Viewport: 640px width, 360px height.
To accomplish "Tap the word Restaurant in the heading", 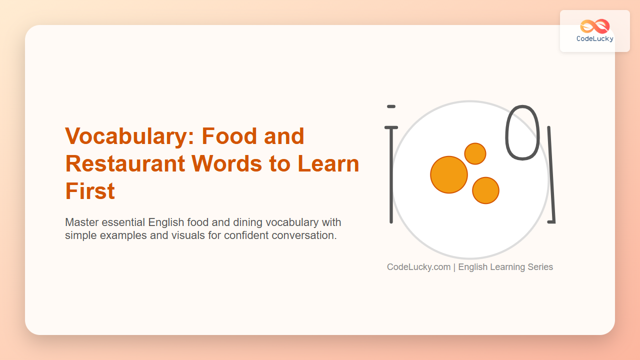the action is (125, 163).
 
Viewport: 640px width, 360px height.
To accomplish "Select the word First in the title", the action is (90, 191).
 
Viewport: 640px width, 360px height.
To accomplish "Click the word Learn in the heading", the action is (328, 163).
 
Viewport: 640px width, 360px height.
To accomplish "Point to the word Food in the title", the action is (229, 136).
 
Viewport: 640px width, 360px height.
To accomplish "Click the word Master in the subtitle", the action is (81, 222).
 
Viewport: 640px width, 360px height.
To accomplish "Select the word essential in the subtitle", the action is (123, 222).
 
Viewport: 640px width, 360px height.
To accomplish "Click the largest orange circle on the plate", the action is (449, 174).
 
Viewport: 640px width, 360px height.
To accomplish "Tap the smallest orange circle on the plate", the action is (475, 153).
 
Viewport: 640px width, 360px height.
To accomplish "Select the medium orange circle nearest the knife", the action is (485, 190).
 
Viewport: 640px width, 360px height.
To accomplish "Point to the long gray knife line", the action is (551, 174).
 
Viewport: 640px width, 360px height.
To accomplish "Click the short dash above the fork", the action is (391, 106).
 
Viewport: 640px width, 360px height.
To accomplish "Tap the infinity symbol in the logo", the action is (595, 26).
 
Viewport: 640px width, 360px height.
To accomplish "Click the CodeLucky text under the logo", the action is (595, 39).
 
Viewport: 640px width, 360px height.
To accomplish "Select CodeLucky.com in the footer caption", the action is (418, 267).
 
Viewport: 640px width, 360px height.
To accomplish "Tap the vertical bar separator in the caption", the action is (454, 267).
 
